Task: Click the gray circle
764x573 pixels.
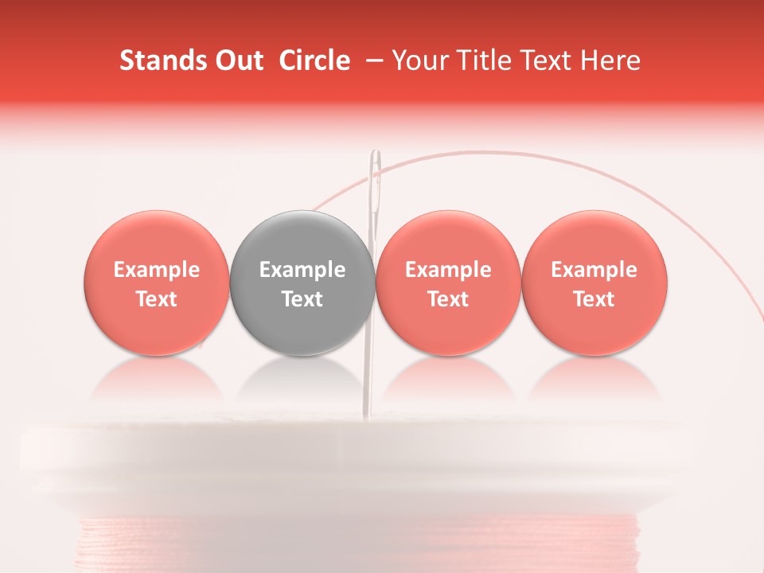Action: (x=302, y=283)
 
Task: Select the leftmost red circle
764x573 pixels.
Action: (x=157, y=283)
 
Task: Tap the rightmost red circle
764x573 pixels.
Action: (x=594, y=283)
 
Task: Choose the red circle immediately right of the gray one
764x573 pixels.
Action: (x=448, y=283)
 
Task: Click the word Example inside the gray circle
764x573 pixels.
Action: (x=302, y=270)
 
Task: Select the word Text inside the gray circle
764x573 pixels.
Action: (x=302, y=299)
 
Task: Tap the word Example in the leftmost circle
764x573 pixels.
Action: (x=157, y=270)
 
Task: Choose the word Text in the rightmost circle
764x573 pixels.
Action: (x=594, y=299)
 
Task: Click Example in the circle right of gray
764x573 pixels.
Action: (x=448, y=270)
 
